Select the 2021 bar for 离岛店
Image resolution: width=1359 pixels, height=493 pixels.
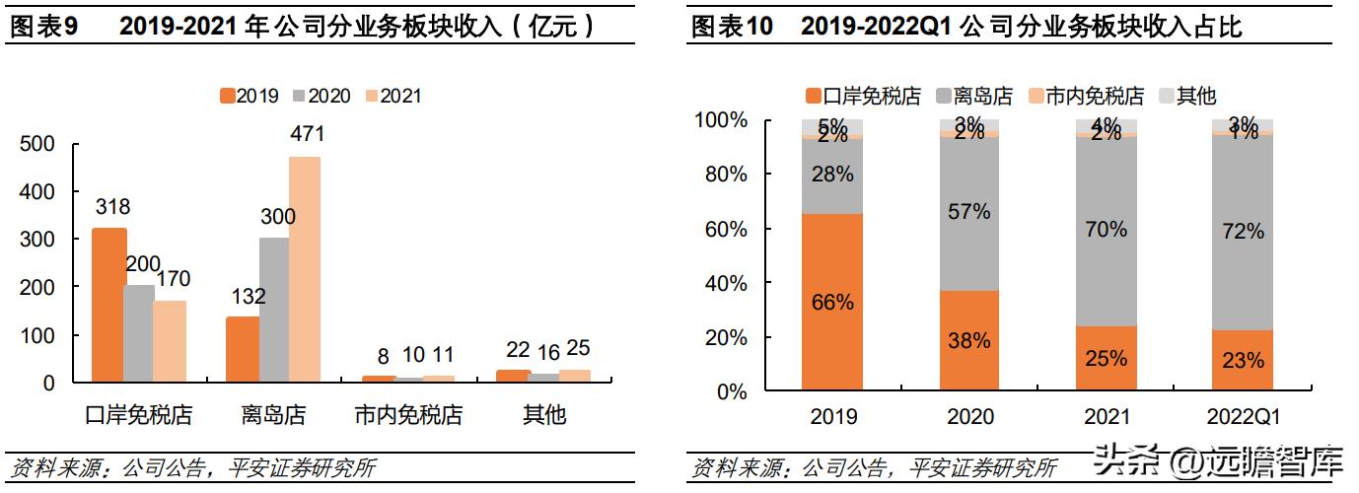pyautogui.click(x=305, y=268)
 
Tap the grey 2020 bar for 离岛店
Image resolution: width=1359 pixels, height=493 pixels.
pyautogui.click(x=273, y=310)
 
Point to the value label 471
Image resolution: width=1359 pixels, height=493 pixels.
pyautogui.click(x=305, y=133)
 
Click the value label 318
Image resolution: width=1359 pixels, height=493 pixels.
pyautogui.click(x=112, y=207)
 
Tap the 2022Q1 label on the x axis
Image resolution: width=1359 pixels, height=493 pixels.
pyautogui.click(x=1242, y=417)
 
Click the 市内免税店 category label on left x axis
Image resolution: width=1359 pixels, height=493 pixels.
pyautogui.click(x=407, y=415)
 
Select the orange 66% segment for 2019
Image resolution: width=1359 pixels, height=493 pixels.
pyautogui.click(x=832, y=303)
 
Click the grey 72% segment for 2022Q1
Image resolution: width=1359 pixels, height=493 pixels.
pyautogui.click(x=1242, y=232)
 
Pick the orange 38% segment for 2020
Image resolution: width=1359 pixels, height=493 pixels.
pyautogui.click(x=968, y=340)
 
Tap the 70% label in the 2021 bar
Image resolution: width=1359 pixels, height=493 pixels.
pyautogui.click(x=1106, y=230)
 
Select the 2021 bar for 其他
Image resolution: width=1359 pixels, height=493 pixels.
pyautogui.click(x=574, y=376)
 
